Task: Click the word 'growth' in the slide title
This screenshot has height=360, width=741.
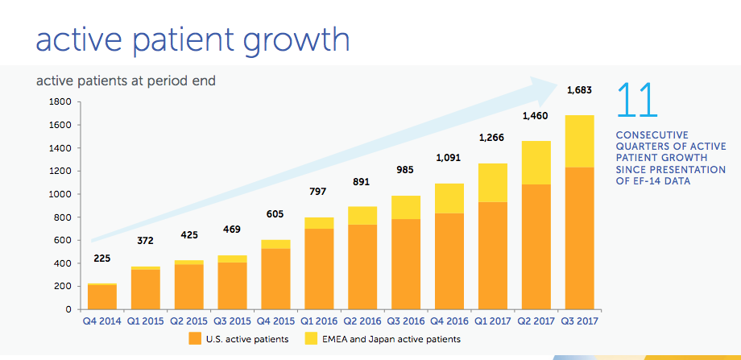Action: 283,39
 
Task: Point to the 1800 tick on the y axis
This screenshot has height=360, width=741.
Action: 61,102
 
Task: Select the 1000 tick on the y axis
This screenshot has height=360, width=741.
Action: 61,194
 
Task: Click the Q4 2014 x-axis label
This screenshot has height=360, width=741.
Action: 101,321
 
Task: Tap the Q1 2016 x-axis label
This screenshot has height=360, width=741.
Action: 316,321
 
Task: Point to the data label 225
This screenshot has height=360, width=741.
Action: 101,259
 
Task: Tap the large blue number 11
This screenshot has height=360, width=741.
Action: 636,101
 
